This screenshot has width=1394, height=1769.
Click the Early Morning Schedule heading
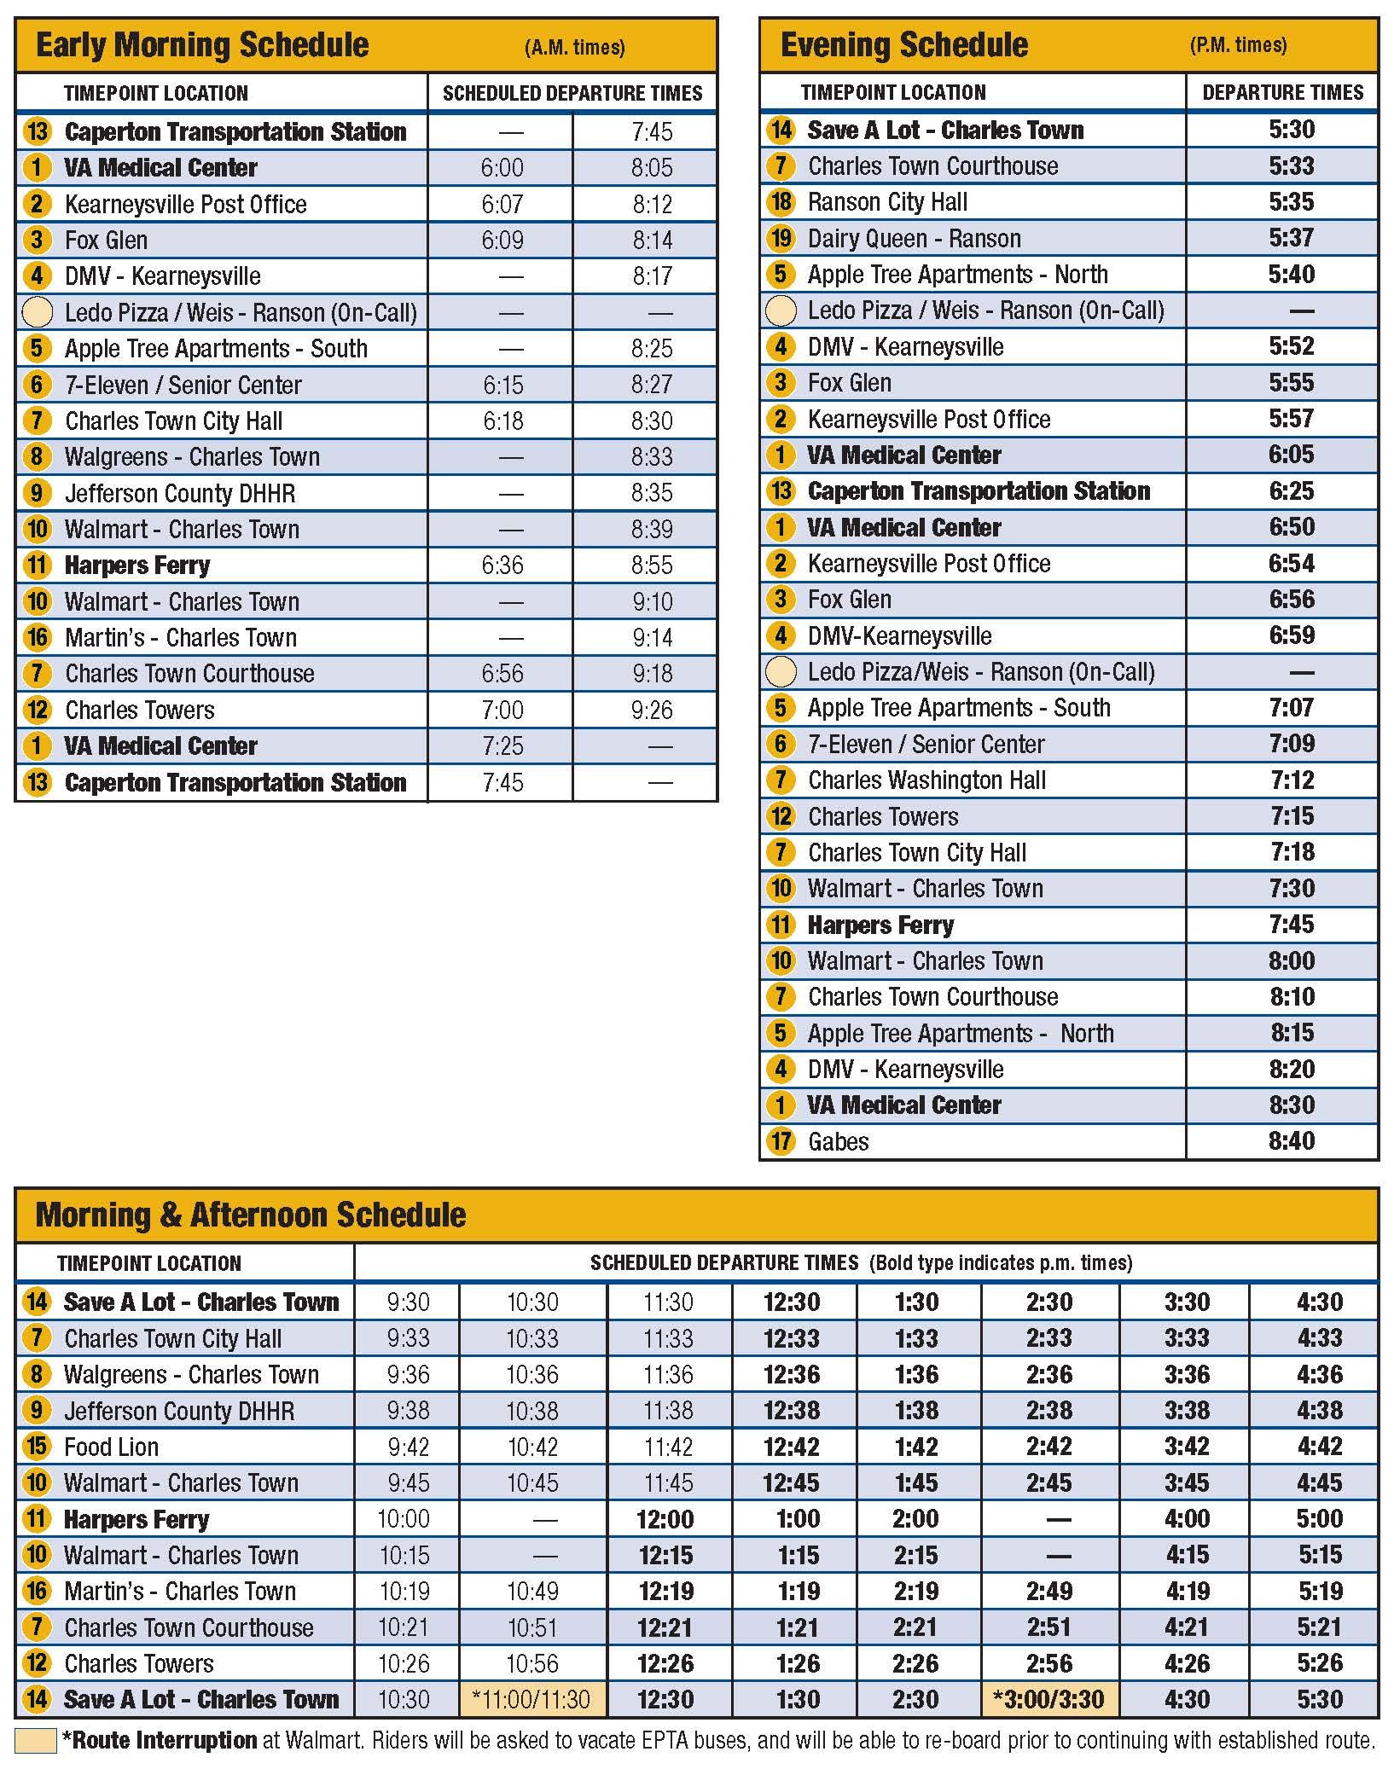[202, 45]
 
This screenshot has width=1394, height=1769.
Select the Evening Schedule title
[904, 45]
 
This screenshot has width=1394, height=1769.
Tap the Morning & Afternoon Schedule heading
[251, 1215]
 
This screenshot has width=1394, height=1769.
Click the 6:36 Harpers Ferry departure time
[502, 565]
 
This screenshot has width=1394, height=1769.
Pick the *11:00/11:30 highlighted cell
[532, 1700]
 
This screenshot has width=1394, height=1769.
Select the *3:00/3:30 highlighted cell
[1048, 1700]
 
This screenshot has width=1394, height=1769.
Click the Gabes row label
[838, 1142]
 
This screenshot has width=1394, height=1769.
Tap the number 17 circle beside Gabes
[781, 1141]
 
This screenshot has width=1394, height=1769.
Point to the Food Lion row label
[111, 1447]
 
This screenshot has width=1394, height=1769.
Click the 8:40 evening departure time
[1291, 1141]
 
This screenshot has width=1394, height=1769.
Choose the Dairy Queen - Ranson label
[914, 239]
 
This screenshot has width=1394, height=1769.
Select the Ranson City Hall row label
[887, 202]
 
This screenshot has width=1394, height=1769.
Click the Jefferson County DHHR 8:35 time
[652, 493]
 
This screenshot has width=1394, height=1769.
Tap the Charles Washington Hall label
[926, 780]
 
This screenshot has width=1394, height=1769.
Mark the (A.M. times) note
[574, 48]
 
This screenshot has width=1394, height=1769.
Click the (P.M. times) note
[1238, 45]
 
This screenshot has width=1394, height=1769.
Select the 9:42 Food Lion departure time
[408, 1447]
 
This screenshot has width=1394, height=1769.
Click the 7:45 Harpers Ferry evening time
[1291, 925]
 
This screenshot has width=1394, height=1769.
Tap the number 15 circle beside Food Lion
[37, 1447]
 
